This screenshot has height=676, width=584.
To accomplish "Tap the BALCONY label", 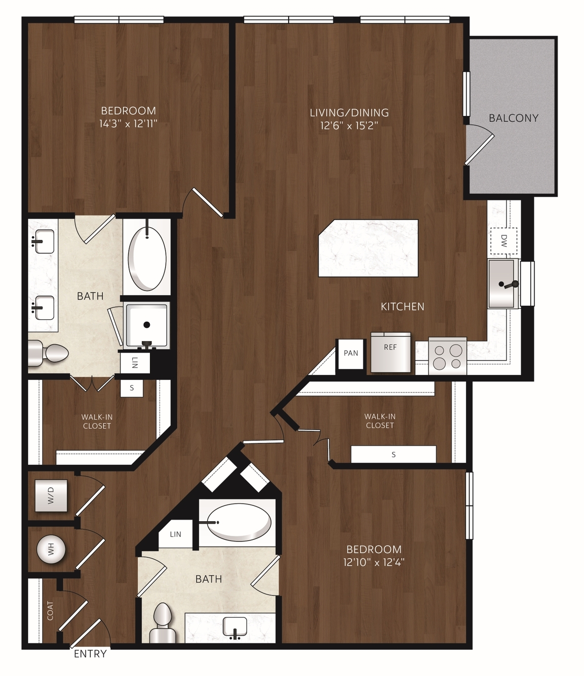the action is [x=513, y=118].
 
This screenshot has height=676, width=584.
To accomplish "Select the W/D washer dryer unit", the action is [x=51, y=495].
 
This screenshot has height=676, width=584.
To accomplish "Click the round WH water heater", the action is [x=51, y=549].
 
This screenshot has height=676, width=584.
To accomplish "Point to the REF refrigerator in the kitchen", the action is [x=391, y=353].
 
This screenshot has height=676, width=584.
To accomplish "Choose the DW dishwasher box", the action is [x=504, y=241].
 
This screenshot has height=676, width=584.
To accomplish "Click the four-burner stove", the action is [x=447, y=356].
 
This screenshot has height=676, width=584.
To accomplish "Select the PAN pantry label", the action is [x=351, y=353].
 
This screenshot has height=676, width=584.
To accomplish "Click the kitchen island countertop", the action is [x=368, y=248].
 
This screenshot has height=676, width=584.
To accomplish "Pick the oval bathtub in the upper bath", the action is [x=147, y=258].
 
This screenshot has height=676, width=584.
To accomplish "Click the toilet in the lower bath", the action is [x=163, y=623].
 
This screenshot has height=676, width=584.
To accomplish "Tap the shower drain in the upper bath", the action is [x=147, y=325].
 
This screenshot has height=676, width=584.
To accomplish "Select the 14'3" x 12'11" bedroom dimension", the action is [x=128, y=124].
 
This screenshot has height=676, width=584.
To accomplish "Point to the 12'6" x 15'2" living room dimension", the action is [x=349, y=125].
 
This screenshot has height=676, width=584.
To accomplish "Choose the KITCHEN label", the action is [x=403, y=307].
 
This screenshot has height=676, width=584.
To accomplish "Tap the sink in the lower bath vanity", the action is [x=235, y=627].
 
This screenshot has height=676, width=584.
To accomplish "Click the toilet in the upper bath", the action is [x=48, y=353].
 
